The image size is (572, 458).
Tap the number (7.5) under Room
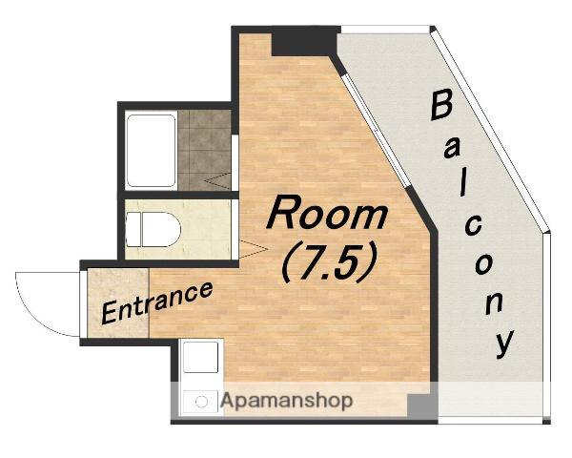point(329,262)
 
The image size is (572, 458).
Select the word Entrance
point(157,302)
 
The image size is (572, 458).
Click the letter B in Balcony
point(441,106)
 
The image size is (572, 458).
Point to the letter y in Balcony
point(505,343)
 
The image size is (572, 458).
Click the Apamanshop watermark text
point(287,401)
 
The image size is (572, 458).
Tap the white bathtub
point(151,151)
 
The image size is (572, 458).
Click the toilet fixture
point(153,229)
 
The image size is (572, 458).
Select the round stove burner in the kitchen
point(201,402)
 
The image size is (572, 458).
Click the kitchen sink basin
point(200,357)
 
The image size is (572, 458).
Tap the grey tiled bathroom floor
point(204,150)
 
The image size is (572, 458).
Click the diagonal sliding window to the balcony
point(377,131)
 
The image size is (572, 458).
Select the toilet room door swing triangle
point(254,249)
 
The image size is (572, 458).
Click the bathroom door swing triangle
point(217,180)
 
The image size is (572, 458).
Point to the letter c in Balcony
point(473,226)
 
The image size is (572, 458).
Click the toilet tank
point(133,229)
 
